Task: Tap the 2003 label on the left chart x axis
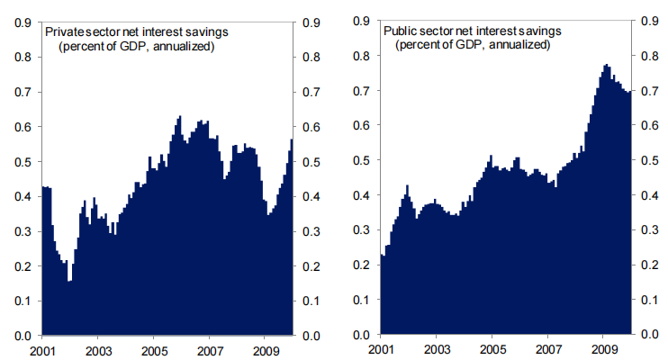[98, 349]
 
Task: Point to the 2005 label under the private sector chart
[154, 349]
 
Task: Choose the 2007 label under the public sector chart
[546, 349]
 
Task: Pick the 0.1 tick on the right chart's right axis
[646, 301]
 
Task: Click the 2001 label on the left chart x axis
[43, 349]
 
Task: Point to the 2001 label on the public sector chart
[381, 349]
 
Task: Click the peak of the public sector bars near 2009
[607, 66]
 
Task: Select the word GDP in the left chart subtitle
[132, 47]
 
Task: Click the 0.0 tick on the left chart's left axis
[23, 336]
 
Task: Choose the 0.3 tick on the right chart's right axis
[646, 231]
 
